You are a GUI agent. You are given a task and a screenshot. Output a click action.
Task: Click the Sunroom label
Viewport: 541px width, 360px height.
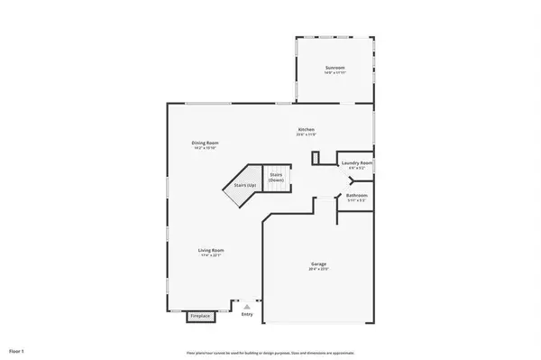pos(335,69)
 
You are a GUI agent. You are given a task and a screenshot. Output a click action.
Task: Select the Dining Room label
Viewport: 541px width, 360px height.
pos(205,143)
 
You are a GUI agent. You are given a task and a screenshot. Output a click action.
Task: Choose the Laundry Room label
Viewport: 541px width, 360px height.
pos(358,163)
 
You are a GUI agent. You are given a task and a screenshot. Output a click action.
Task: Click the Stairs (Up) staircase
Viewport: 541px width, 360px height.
pos(241,186)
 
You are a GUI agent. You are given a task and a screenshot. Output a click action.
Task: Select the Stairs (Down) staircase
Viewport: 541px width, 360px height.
pos(276,177)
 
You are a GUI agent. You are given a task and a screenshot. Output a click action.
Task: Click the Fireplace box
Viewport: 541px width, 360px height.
pos(199,316)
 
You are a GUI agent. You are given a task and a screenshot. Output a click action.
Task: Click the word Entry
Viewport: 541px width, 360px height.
pos(247,315)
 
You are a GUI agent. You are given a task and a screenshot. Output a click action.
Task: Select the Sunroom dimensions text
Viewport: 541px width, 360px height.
pos(335,74)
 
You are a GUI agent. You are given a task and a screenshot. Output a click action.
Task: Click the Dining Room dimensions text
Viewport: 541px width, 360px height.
pos(205,148)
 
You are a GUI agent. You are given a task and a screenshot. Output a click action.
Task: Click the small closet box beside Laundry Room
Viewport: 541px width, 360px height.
pos(316,159)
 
